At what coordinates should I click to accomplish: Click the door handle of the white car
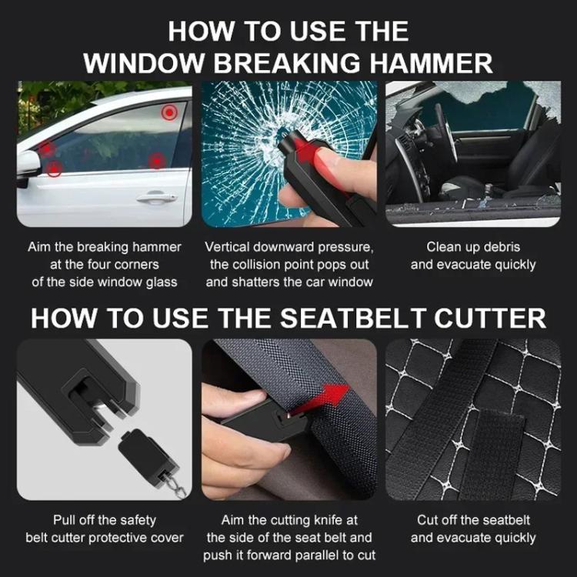pos(156,198)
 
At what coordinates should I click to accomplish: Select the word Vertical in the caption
pos(228,247)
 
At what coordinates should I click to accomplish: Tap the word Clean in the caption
pos(444,247)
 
